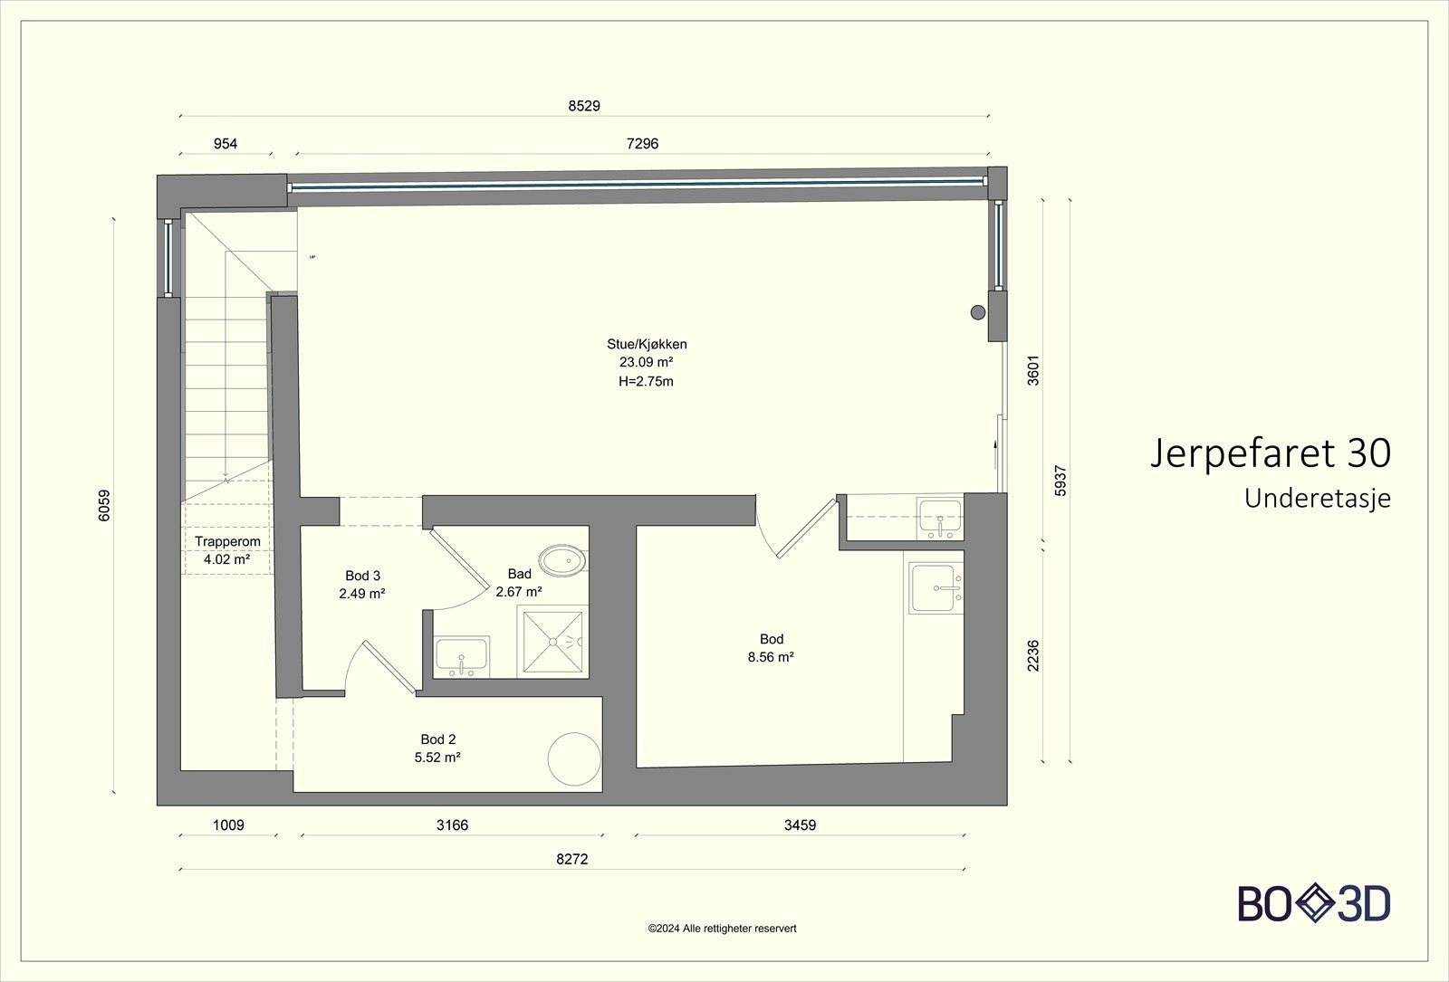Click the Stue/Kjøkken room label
[647, 345]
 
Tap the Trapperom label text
[227, 542]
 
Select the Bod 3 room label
[362, 576]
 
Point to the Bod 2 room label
[438, 739]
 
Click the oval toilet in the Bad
[562, 560]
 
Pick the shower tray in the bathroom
[552, 642]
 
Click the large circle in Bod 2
[574, 759]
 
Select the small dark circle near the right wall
[978, 313]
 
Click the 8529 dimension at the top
[584, 106]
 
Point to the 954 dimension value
[226, 144]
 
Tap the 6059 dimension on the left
[104, 506]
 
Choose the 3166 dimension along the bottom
[452, 825]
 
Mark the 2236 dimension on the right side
[1033, 655]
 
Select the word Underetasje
[1318, 499]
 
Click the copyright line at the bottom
[722, 929]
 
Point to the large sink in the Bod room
[936, 587]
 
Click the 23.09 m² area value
[647, 363]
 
